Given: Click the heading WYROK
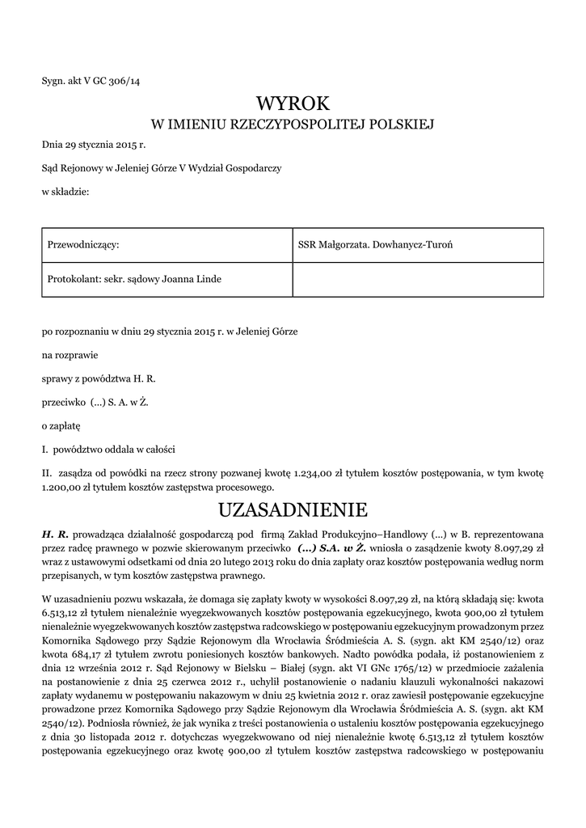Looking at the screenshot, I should [293, 103].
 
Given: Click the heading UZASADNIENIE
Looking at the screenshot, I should [293, 509].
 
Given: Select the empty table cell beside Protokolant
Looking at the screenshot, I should [417, 279].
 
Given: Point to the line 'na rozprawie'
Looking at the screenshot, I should [68, 353].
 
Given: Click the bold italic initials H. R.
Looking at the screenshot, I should [56, 534].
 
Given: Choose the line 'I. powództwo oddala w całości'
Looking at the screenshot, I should [108, 448].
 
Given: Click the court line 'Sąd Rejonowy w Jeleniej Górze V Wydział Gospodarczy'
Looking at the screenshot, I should [162, 167].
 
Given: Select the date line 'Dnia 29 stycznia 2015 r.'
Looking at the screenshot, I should [94, 144].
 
